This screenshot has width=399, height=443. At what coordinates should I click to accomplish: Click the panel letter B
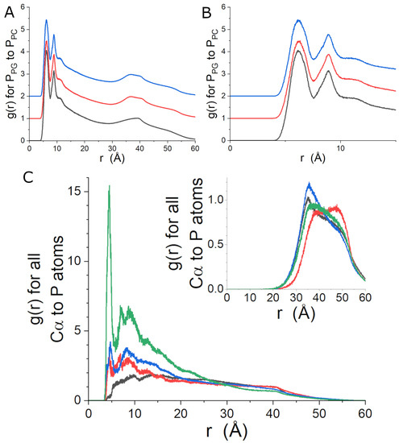[208, 10]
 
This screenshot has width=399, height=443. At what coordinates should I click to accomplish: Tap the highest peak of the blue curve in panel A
[46, 20]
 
